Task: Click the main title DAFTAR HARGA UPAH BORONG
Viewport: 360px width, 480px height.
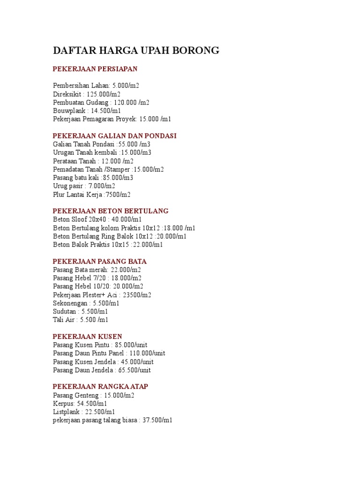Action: (x=136, y=51)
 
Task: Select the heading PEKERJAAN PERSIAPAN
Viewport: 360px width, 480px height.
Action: (x=95, y=69)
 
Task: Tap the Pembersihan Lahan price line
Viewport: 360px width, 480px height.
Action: (x=96, y=86)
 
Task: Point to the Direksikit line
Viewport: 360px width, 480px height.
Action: (x=87, y=94)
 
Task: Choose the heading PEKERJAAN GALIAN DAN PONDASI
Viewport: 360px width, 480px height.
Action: (x=114, y=135)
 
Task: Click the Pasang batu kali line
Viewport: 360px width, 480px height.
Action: (x=93, y=178)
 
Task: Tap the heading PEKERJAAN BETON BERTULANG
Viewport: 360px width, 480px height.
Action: (x=111, y=211)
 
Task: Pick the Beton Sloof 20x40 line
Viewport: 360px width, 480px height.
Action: (x=97, y=219)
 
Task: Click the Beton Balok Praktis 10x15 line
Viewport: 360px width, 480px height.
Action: (x=108, y=245)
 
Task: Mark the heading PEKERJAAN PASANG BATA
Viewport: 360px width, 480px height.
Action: (x=99, y=261)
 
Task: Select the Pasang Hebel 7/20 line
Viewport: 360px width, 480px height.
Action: (x=97, y=278)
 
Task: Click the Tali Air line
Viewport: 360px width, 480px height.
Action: (x=81, y=320)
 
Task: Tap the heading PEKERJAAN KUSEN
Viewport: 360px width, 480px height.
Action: (x=87, y=337)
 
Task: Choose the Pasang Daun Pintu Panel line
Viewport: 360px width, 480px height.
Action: (x=109, y=353)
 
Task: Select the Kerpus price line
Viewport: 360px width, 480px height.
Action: (x=80, y=404)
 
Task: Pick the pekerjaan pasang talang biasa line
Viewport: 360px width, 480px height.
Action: (x=112, y=420)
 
